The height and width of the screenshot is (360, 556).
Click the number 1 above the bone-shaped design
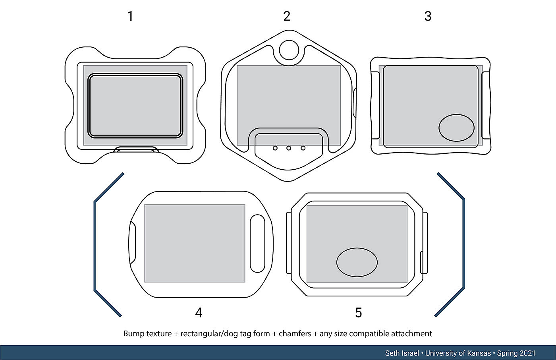pos(130,16)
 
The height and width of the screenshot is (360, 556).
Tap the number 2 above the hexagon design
pos(287,16)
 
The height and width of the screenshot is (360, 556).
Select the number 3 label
pos(428,16)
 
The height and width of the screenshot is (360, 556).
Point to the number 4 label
pos(199,313)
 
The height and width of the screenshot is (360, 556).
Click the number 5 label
pos(358,313)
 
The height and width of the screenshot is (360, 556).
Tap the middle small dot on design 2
pos(289,148)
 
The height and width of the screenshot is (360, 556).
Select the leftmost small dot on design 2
pos(275,148)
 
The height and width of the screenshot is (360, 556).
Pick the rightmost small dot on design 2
pos(303,148)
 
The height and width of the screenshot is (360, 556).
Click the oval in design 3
pos(456,128)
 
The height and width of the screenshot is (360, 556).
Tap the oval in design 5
pos(357,262)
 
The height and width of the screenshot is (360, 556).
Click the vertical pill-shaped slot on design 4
pos(257,243)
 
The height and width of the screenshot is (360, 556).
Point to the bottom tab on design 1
pos(136,150)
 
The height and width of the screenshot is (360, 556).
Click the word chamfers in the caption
pos(295,334)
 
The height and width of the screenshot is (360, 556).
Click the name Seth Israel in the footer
pos(402,353)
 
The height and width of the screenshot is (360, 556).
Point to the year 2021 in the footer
pos(527,353)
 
